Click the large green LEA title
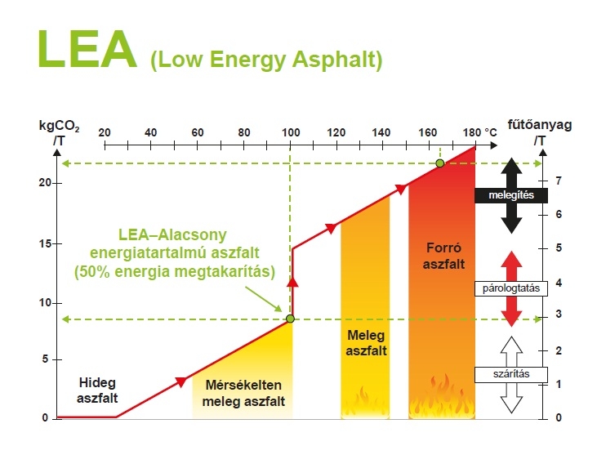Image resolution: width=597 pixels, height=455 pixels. point(87,49)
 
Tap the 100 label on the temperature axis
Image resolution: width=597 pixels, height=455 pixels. point(291,132)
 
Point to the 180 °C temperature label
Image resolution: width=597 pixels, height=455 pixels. point(479,132)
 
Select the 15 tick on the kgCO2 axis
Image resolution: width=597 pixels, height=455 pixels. point(45,243)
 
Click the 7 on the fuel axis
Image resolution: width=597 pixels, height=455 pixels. point(559,181)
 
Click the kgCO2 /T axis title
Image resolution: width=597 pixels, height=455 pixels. point(60,133)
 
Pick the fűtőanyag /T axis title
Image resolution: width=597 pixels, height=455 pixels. point(540,132)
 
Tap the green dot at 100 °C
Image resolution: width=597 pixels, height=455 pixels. point(290,319)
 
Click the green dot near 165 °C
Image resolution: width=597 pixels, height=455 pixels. point(440,163)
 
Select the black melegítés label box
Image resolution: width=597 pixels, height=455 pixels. point(511,195)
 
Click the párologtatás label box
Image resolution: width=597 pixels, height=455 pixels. point(511,288)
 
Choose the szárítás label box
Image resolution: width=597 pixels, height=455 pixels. point(511,374)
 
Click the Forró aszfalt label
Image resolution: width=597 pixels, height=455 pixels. point(443,256)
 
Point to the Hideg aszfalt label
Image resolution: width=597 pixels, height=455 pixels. point(97,390)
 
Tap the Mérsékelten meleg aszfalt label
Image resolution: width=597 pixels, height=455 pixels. point(243,393)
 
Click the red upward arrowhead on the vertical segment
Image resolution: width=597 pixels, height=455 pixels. point(292,282)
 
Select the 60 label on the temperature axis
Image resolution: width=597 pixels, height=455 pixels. point(197,132)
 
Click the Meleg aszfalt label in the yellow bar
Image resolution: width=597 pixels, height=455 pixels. point(366,342)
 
